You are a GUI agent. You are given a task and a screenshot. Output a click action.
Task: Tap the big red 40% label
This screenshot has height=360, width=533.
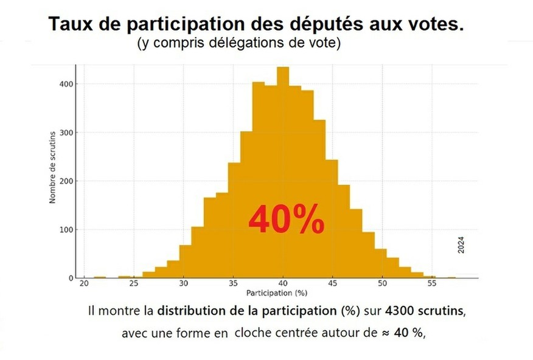coord(286,220)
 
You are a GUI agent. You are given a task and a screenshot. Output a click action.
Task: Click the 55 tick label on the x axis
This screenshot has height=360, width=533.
coord(431,284)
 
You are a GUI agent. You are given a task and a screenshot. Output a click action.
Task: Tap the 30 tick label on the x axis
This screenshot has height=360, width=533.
coord(184,284)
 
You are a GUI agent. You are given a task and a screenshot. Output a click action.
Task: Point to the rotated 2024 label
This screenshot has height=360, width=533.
coord(461,244)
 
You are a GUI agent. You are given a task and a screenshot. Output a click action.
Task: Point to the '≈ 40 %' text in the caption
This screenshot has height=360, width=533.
coord(403,334)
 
